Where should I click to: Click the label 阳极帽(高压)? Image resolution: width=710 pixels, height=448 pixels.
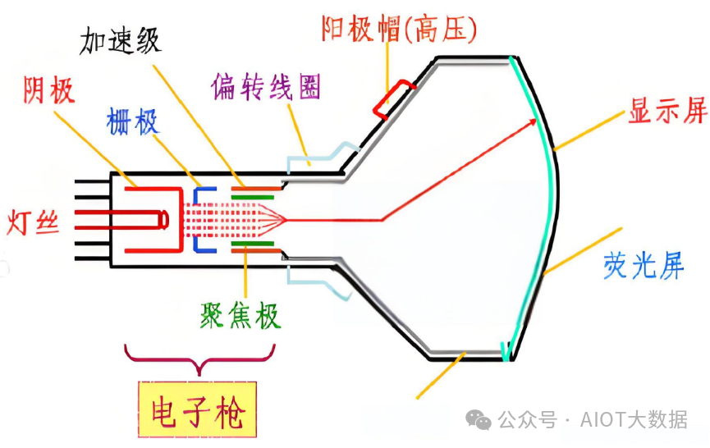tap(399, 30)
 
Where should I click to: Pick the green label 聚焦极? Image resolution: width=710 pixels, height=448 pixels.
tap(240, 314)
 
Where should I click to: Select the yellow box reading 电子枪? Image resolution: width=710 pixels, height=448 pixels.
tap(198, 413)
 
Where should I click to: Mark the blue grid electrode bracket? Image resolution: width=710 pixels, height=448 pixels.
tap(199, 219)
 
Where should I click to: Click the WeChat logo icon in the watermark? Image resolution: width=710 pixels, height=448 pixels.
tap(479, 419)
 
